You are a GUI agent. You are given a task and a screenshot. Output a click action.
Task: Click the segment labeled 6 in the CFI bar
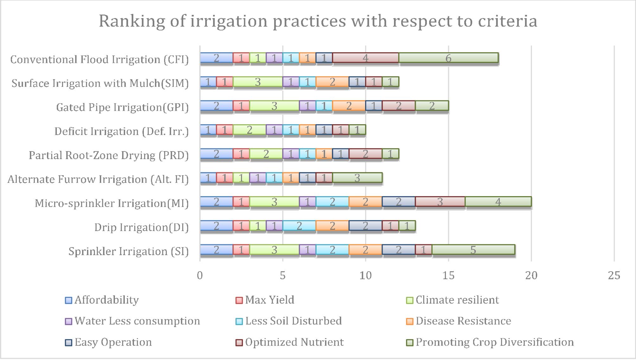pyautogui.click(x=448, y=58)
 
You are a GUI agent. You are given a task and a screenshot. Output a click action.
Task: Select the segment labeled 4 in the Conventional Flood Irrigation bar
pyautogui.click(x=365, y=58)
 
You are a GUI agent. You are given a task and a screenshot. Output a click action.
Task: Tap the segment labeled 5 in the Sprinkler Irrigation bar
pyautogui.click(x=473, y=250)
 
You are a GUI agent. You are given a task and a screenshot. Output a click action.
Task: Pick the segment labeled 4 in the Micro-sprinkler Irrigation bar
pyautogui.click(x=498, y=202)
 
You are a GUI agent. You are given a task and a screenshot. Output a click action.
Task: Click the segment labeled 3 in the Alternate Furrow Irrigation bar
pyautogui.click(x=357, y=178)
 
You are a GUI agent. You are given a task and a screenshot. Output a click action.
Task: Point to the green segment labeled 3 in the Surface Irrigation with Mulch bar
pyautogui.click(x=258, y=82)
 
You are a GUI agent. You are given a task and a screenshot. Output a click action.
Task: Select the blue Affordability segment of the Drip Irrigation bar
pyautogui.click(x=216, y=226)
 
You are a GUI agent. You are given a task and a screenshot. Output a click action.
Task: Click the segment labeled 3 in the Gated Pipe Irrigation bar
pyautogui.click(x=274, y=106)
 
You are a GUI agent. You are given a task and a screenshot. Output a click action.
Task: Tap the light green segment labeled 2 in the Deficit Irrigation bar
pyautogui.click(x=249, y=130)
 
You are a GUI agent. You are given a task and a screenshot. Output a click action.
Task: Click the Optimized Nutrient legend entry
pyautogui.click(x=294, y=342)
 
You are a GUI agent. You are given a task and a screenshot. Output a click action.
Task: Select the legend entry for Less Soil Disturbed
pyautogui.click(x=293, y=321)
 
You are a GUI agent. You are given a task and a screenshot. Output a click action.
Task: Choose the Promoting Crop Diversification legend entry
pyautogui.click(x=494, y=342)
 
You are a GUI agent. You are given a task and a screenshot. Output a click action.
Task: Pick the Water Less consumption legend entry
pyautogui.click(x=137, y=321)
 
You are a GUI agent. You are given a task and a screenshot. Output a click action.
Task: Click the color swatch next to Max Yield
pyautogui.click(x=239, y=300)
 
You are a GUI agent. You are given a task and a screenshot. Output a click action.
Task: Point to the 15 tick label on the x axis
pyautogui.click(x=448, y=276)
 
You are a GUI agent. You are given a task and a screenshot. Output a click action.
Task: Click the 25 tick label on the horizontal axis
pyautogui.click(x=614, y=276)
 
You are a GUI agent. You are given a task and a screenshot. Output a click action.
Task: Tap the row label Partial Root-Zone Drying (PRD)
pyautogui.click(x=108, y=155)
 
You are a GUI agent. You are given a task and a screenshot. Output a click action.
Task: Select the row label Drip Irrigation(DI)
pyautogui.click(x=141, y=227)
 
